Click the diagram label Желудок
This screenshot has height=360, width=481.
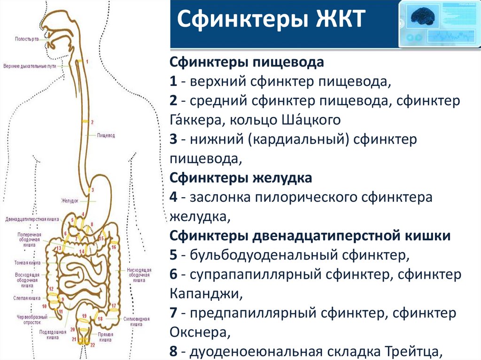pos(69,200)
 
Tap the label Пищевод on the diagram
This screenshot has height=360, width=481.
pos(106,135)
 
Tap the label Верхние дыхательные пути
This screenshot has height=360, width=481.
pos(29,66)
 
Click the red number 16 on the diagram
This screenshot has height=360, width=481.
pos(114,246)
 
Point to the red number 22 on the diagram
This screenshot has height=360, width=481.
pos(93,345)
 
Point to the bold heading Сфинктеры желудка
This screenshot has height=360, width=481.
pos(240,178)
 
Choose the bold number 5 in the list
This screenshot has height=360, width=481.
pos(173,255)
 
